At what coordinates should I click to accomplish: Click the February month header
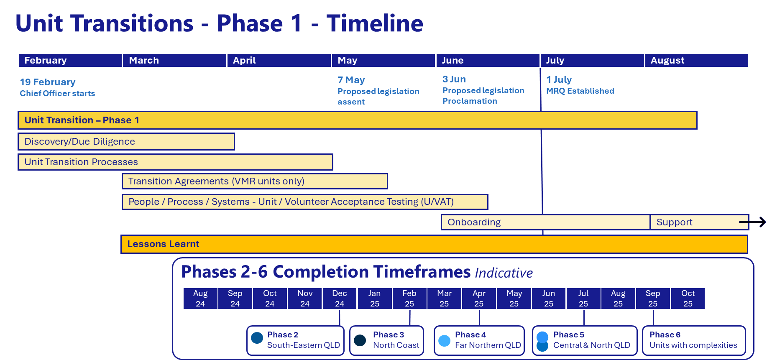click(70, 60)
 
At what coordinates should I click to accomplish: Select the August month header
click(696, 60)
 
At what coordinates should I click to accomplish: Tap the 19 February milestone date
click(48, 82)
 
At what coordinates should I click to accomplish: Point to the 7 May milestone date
click(351, 80)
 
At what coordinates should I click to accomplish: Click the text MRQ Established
click(580, 91)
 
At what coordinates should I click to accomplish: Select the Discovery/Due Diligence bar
click(126, 141)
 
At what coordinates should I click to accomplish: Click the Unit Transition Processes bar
click(175, 162)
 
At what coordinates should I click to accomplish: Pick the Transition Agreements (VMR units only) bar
click(255, 181)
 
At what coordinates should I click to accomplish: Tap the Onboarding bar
click(545, 222)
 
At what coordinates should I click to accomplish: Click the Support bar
click(694, 222)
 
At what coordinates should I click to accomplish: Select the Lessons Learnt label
click(163, 244)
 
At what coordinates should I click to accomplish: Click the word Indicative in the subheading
click(504, 273)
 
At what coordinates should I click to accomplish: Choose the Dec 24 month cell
click(340, 298)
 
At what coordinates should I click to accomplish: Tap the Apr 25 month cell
click(479, 298)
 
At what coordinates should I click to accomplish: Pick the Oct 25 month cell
click(688, 298)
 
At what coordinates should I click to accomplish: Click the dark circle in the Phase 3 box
click(360, 340)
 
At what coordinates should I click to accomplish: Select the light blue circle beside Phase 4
click(444, 340)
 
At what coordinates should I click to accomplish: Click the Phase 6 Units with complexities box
click(693, 340)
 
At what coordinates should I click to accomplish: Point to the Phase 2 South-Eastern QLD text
click(303, 340)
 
